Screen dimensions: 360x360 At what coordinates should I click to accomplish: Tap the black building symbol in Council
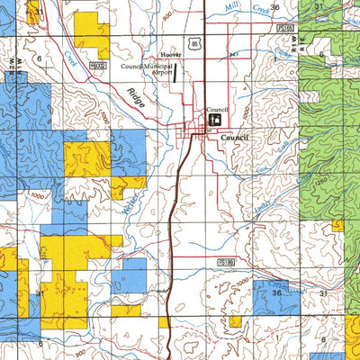pos(215,119)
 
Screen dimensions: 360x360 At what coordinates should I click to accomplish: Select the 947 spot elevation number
pos(232,54)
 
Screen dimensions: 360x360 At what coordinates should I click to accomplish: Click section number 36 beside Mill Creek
pos(274,7)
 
